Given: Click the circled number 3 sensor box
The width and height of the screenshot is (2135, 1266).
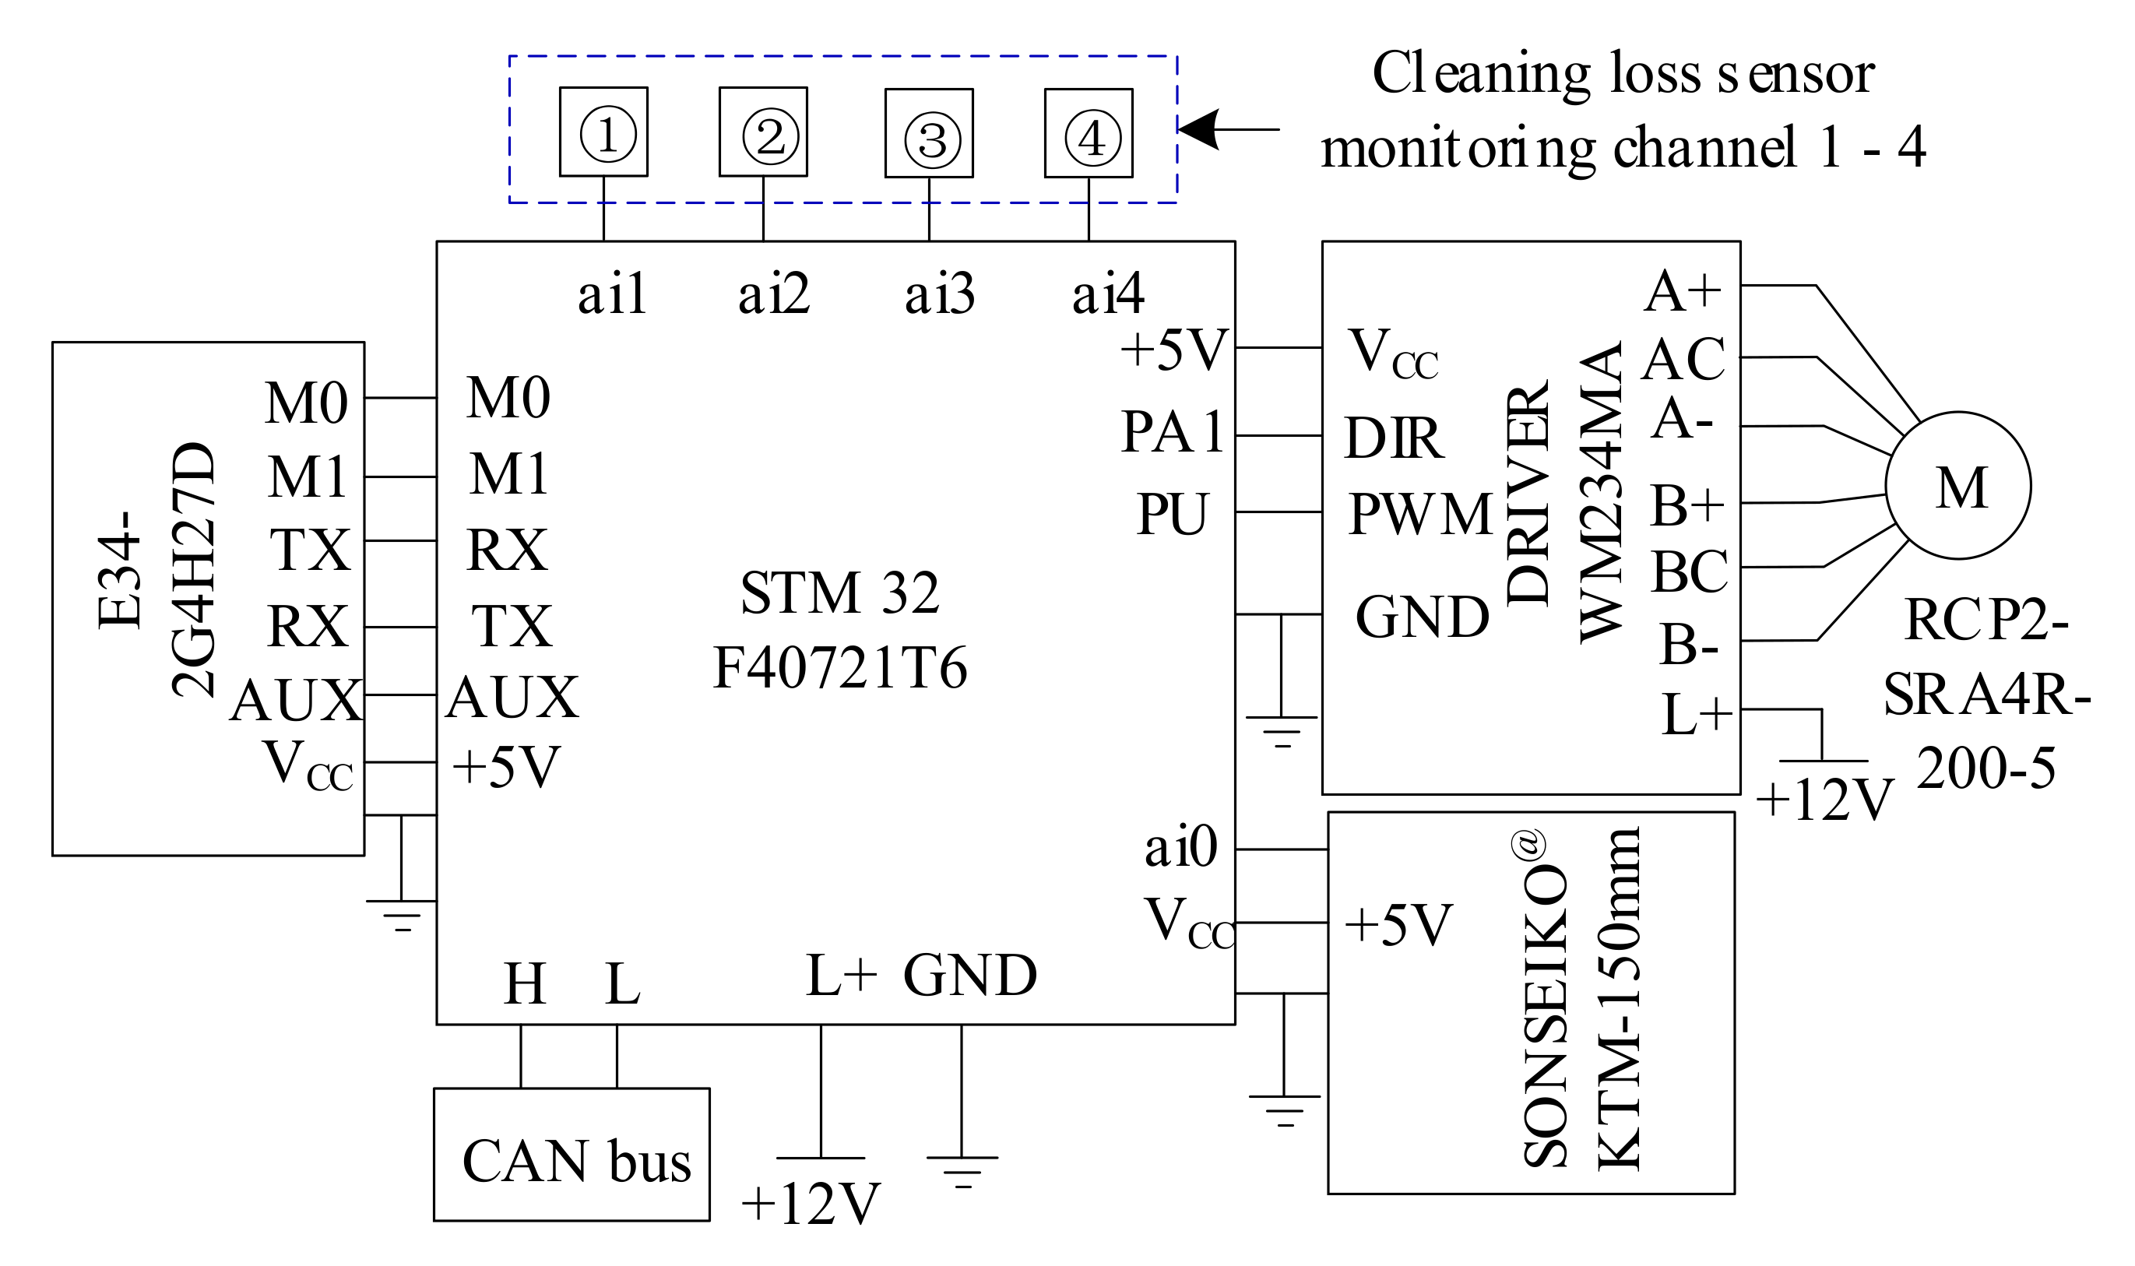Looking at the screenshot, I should (x=929, y=133).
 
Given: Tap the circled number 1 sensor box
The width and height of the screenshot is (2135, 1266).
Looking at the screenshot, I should (x=603, y=132).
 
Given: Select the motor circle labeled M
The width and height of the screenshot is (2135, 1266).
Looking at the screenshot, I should (x=1958, y=485).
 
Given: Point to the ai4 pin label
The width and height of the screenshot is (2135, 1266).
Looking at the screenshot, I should (x=1108, y=294).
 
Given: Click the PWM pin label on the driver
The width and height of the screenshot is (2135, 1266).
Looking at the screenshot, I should (x=1420, y=515).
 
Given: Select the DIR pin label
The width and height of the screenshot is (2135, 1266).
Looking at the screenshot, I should (x=1394, y=438).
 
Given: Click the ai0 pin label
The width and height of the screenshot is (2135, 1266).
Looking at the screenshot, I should (x=1180, y=848).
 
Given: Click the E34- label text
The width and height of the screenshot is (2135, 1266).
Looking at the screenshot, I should (x=118, y=570).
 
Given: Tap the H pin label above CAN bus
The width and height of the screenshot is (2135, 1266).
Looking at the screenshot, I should (x=524, y=983).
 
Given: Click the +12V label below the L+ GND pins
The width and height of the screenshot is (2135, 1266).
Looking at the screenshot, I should (x=811, y=1203).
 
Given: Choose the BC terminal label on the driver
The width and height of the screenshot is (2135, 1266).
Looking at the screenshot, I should (x=1689, y=571).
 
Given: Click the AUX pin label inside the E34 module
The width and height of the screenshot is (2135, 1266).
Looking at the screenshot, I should (x=295, y=702).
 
